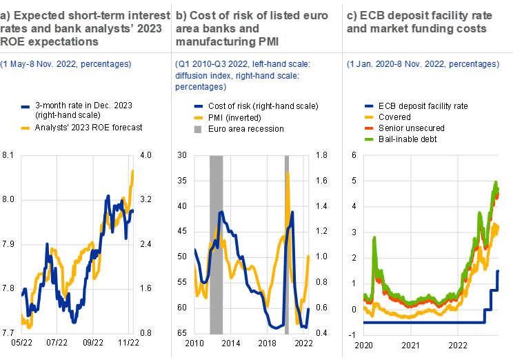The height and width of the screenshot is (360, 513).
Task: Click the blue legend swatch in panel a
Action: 26,108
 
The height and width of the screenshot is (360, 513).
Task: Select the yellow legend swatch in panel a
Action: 26,128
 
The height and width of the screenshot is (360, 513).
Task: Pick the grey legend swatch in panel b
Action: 198,129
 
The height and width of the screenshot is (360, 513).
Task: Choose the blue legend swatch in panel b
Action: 198,107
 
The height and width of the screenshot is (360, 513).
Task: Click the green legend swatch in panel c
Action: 369,139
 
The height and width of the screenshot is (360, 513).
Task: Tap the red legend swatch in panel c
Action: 369,128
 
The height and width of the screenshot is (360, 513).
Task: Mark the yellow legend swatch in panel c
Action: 369,117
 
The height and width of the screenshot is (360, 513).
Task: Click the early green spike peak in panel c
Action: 374,238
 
